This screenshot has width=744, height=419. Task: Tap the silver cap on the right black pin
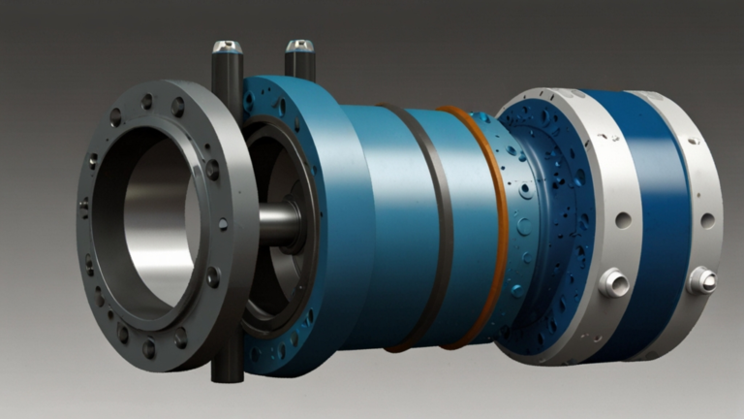(x=299, y=46)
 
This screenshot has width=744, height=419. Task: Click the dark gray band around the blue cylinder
(x=433, y=223)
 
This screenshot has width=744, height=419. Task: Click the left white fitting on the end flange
(x=613, y=282)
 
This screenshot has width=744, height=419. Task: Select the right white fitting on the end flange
(x=700, y=280)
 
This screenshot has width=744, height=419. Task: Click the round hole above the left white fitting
(x=622, y=220)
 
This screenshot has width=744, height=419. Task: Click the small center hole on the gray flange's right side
(x=223, y=224)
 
